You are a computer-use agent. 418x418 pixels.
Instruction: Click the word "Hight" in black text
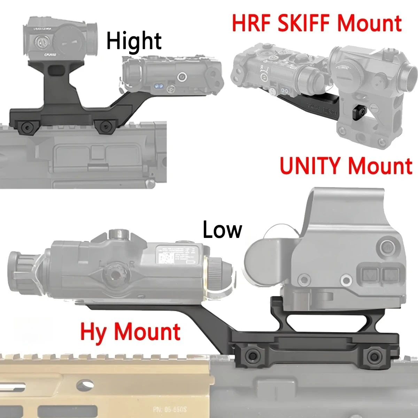point(134,41)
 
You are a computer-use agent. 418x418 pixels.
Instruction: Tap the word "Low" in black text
point(222,230)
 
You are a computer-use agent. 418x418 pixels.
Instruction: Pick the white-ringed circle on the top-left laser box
point(181,76)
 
